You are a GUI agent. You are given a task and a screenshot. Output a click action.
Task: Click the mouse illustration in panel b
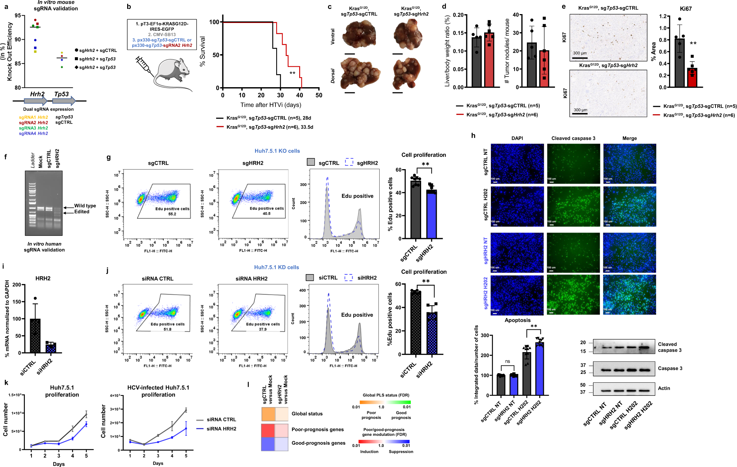tap(172, 75)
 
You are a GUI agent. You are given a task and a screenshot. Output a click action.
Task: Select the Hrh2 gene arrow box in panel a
tap(36, 101)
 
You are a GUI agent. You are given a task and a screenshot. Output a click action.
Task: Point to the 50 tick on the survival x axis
tap(319, 95)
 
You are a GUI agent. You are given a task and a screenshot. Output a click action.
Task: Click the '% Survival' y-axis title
tap(202, 51)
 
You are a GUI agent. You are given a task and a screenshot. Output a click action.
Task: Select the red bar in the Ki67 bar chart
tap(692, 78)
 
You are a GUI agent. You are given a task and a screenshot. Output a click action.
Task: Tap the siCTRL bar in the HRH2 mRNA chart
tap(35, 335)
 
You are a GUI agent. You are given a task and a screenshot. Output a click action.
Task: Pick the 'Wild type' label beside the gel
tap(85, 206)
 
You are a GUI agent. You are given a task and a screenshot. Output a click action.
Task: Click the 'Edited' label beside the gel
tap(82, 212)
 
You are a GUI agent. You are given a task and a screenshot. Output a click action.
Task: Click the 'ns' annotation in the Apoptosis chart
tap(508, 361)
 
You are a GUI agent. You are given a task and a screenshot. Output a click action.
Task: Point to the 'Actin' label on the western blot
tap(664, 388)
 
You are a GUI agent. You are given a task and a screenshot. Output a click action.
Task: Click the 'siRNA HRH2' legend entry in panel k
tap(221, 429)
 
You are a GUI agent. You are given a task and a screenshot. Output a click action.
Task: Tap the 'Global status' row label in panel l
tap(307, 414)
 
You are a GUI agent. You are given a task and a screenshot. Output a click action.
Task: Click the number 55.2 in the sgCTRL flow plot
tap(172, 214)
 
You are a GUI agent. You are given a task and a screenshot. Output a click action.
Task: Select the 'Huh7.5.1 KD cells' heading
tap(276, 267)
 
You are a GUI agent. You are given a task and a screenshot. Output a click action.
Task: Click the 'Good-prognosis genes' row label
tap(318, 443)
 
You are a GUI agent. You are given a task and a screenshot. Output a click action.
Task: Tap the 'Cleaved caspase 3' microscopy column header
tap(573, 138)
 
